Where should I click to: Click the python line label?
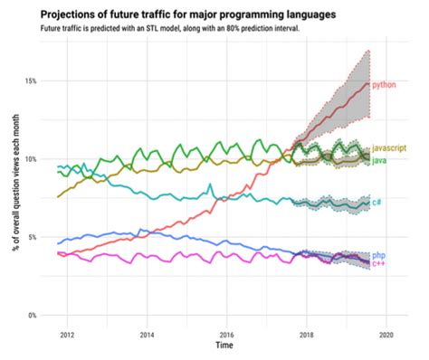point(385,84)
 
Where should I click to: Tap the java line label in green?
point(383,159)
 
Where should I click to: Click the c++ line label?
point(379,264)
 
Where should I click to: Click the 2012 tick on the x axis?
point(67,333)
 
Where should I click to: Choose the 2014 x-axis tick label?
point(147,333)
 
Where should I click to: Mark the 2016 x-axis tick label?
point(226,333)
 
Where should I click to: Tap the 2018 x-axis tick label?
point(306,333)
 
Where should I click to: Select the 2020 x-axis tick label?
point(386,333)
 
